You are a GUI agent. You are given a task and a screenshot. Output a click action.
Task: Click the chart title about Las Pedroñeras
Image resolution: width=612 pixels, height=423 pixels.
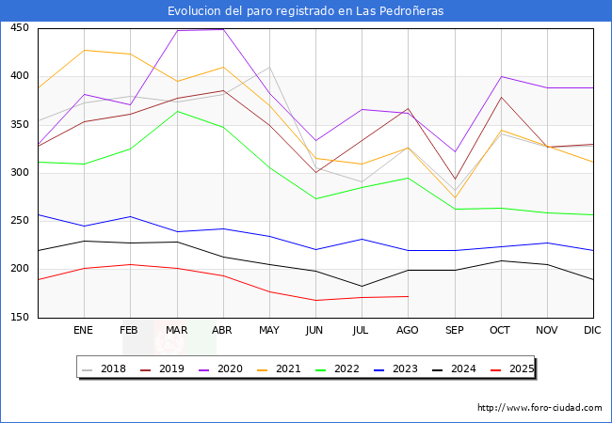coord(306,10)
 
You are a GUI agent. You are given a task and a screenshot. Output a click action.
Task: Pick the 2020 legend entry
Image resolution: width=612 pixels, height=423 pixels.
coord(231,368)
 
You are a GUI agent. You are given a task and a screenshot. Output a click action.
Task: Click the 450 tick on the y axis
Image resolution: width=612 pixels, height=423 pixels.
coord(19,28)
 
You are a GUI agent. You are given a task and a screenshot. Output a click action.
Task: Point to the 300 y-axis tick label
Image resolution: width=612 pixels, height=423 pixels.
coord(19,173)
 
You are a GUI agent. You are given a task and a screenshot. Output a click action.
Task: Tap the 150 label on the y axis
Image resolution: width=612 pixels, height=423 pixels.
coord(19,318)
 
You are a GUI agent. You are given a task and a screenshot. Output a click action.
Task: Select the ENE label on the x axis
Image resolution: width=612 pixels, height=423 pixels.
coord(84,331)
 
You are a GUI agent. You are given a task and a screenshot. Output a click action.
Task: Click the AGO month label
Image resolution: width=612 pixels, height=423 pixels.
coord(408,331)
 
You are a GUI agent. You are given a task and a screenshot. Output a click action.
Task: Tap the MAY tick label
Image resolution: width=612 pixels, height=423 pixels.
coord(269,331)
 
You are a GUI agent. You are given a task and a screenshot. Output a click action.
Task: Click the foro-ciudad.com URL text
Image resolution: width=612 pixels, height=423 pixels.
coord(540,408)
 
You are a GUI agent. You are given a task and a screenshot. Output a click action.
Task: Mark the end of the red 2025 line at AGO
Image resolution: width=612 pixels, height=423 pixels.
coord(408,296)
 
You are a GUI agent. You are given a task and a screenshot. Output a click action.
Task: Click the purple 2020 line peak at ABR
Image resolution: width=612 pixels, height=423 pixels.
coord(223,29)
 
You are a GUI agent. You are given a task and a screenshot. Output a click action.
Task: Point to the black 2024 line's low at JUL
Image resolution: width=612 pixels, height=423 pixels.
coord(362,286)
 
